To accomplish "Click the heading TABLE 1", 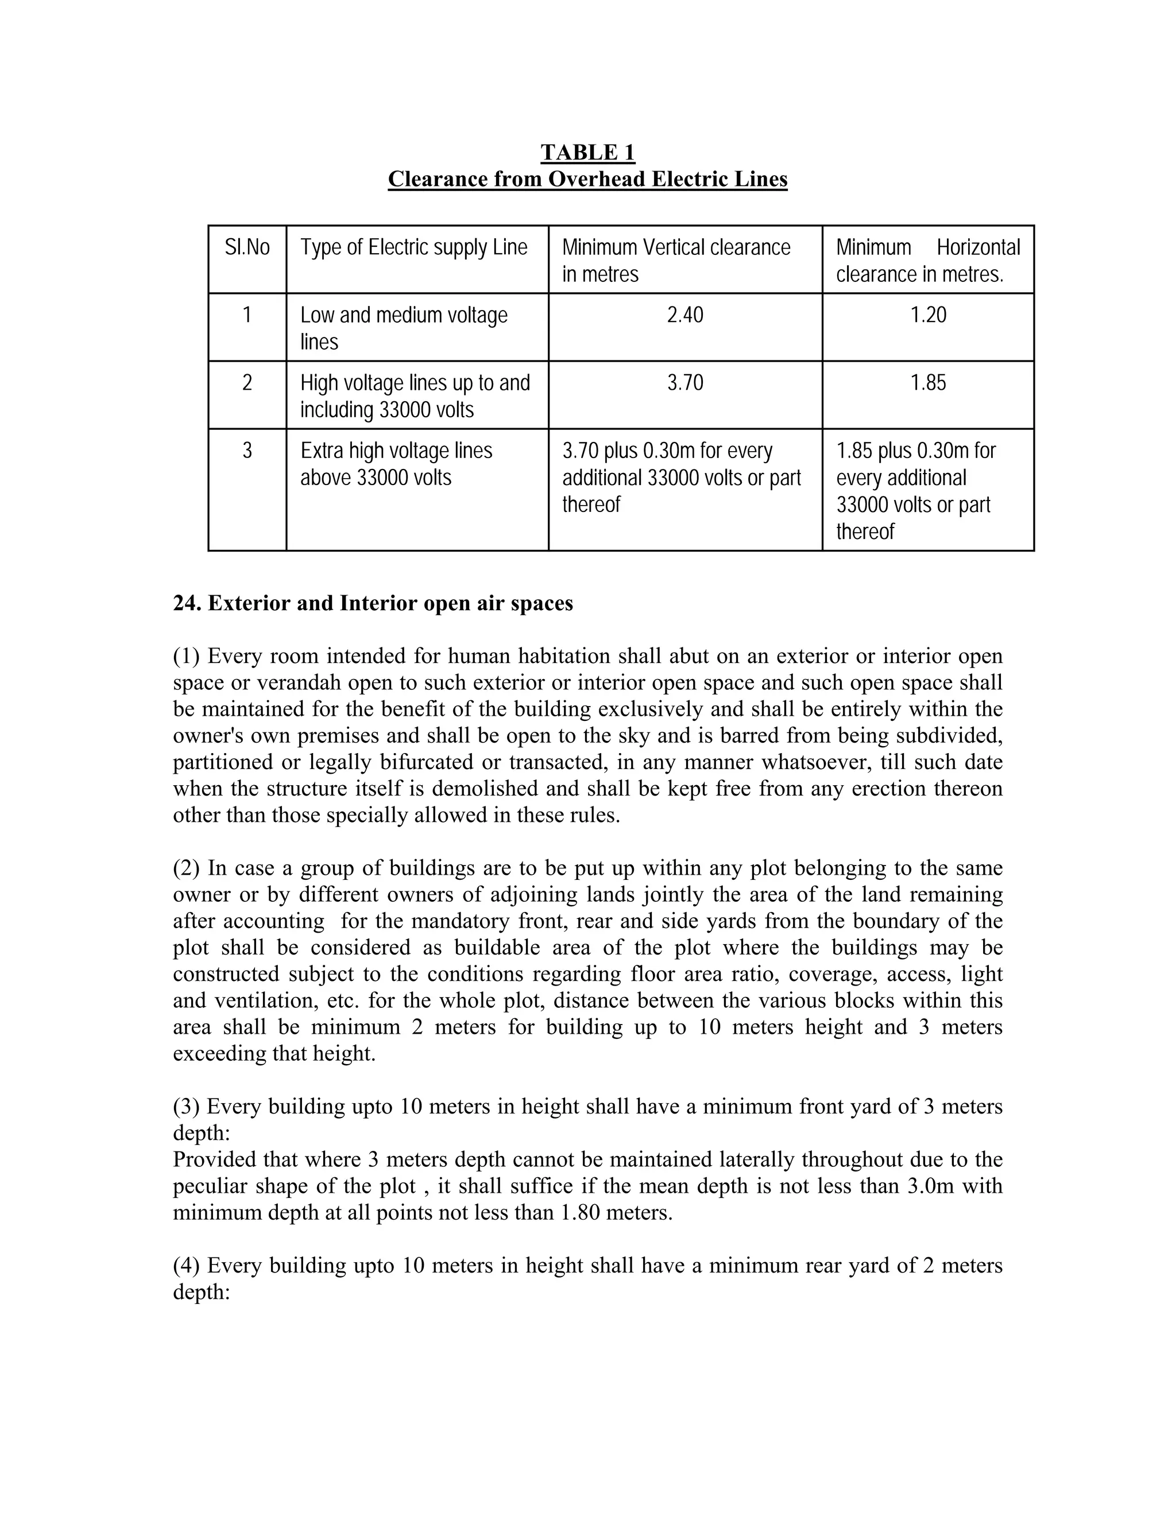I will (x=587, y=152).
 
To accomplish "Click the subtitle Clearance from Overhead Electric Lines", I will (x=587, y=179).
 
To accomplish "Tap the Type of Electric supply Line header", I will (x=414, y=247).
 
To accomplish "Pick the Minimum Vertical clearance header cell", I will (x=676, y=260).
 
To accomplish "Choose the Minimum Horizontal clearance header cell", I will (x=927, y=260).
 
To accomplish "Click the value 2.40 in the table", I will (x=685, y=315).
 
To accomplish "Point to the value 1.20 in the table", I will (x=928, y=315).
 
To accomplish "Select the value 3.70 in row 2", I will (x=685, y=382).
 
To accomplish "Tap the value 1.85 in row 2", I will (x=928, y=382).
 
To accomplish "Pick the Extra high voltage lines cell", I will (x=396, y=464).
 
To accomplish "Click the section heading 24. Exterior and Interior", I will (x=373, y=603).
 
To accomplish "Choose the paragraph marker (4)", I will (x=186, y=1266).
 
